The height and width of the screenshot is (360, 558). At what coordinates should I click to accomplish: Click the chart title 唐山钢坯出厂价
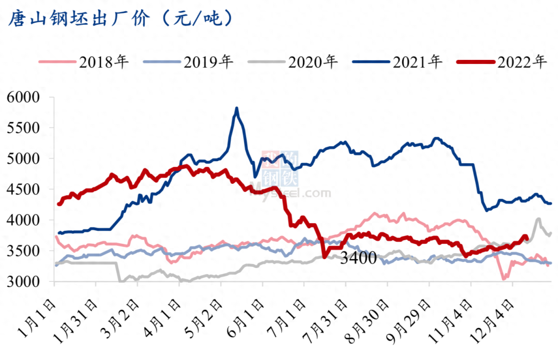click(x=78, y=19)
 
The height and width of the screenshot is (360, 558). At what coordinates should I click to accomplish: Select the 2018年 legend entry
click(x=104, y=62)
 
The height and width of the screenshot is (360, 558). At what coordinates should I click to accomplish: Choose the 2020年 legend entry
click(x=313, y=62)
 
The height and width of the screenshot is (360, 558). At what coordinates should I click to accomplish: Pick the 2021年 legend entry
click(x=417, y=62)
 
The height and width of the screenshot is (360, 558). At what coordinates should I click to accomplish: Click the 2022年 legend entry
click(x=522, y=62)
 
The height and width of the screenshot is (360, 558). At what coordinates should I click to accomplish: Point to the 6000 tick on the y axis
click(x=23, y=98)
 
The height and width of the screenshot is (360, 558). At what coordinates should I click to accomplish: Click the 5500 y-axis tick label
click(x=23, y=128)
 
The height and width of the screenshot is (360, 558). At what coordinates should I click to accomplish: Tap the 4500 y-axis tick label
click(x=23, y=190)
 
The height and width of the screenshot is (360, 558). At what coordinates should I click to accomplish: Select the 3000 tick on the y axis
click(x=23, y=282)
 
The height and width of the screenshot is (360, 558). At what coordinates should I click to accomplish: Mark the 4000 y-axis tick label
click(x=23, y=221)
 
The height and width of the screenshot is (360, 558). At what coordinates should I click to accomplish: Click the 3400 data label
click(x=358, y=259)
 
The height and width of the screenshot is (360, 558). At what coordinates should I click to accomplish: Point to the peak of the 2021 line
click(x=237, y=108)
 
